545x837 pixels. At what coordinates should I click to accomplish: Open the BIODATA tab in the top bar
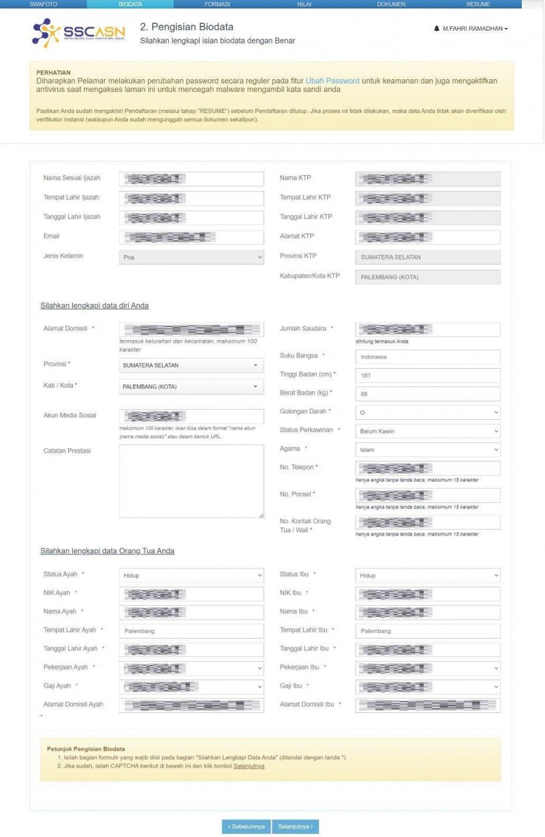click(130, 4)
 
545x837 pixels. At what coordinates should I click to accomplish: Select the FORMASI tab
click(217, 4)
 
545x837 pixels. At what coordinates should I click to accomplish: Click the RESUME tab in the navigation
click(478, 4)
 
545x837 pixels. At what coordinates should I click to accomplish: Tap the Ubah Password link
click(332, 80)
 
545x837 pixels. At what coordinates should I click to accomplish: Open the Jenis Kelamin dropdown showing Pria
click(191, 258)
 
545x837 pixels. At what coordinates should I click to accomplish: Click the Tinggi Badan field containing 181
click(427, 375)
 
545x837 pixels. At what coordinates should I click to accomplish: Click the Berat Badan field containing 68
click(427, 394)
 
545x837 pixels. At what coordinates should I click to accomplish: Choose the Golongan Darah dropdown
click(427, 412)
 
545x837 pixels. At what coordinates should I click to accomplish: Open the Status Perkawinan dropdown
click(427, 431)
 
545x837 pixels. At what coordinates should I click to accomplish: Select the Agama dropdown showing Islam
click(427, 450)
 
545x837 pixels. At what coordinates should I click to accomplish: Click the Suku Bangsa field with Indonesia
click(427, 356)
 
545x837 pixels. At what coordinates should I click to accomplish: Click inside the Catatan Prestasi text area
click(191, 481)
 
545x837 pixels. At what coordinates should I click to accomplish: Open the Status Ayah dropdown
click(191, 575)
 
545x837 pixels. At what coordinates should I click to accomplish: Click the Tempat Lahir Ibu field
click(427, 631)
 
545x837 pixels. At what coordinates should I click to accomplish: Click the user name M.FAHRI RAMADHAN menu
click(471, 29)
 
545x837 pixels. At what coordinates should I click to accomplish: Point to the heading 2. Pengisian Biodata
click(187, 27)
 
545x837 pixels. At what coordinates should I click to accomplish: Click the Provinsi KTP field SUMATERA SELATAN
click(427, 257)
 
